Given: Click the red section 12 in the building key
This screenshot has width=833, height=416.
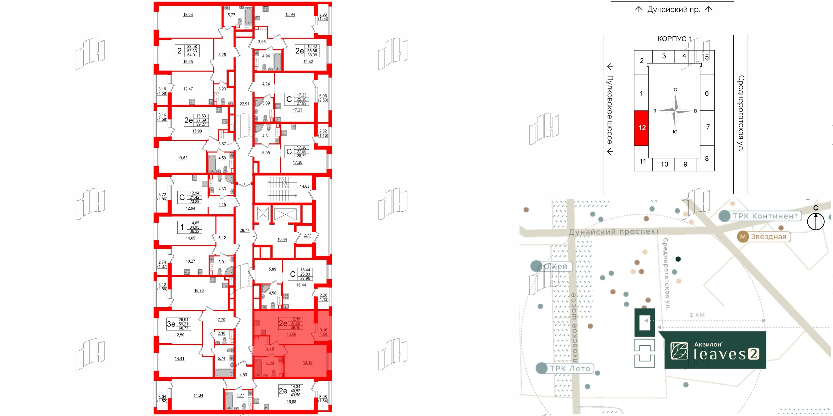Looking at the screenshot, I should click(641, 128).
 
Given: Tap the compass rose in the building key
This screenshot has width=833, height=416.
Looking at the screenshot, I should click(675, 111).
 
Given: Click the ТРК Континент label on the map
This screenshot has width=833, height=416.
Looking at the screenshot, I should click(765, 216).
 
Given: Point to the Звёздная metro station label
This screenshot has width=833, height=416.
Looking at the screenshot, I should click(768, 237).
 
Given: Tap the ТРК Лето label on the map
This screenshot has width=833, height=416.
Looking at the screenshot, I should click(569, 368).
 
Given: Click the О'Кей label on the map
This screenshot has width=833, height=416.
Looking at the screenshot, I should click(555, 266).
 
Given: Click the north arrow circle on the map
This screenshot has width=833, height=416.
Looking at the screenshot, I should click(816, 221).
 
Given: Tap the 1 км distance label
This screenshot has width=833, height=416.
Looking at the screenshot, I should click(697, 315).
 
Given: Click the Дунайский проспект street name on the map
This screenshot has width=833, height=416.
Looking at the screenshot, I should click(614, 232).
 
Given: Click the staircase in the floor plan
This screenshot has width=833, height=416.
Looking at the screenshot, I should click(282, 189).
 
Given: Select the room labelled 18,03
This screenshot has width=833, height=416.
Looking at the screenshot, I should click(188, 15).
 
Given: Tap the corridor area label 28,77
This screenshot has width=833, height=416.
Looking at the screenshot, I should click(244, 230).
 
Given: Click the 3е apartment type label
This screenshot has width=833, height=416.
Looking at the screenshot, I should click(171, 324).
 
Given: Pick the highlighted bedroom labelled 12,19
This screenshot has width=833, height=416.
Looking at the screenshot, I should click(308, 363).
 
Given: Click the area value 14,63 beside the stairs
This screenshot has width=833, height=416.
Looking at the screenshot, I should click(304, 186).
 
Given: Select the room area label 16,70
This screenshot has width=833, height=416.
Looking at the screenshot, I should click(199, 291).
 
